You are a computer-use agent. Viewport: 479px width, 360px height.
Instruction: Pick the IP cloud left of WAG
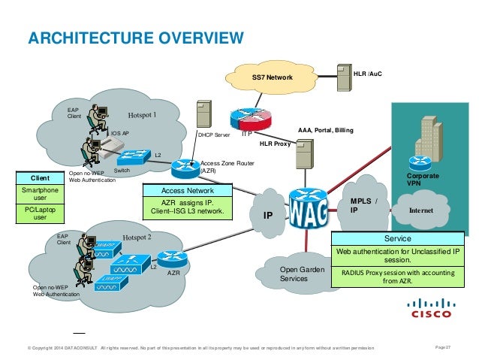click(267, 214)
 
